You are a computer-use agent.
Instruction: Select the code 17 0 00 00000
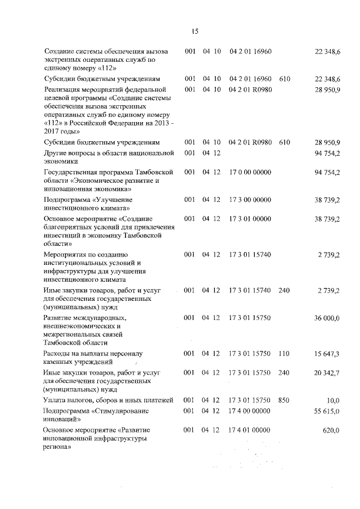[250, 172]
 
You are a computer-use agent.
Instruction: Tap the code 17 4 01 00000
[250, 431]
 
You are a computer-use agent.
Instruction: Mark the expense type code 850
[283, 400]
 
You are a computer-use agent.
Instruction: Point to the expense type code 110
[283, 354]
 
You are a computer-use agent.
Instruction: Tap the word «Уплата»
[57, 400]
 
